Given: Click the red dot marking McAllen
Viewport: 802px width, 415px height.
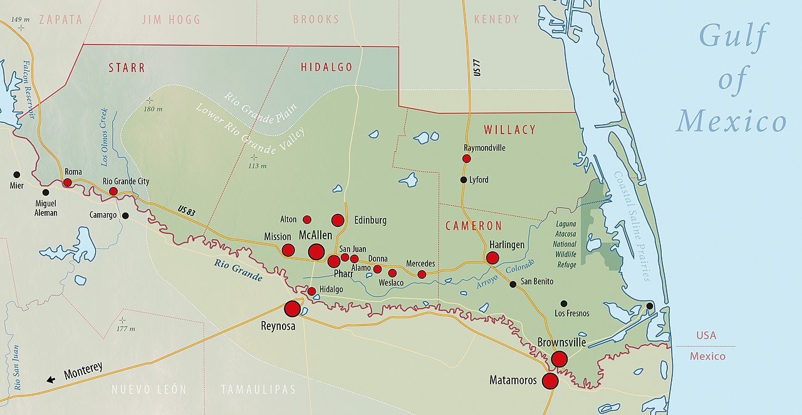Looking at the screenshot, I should [316, 252].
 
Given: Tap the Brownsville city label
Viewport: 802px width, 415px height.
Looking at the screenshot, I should [561, 342].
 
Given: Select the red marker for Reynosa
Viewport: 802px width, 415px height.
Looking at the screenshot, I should [292, 308].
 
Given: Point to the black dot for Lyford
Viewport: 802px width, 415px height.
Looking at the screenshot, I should [464, 180].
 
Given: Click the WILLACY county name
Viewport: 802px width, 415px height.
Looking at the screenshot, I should [509, 130].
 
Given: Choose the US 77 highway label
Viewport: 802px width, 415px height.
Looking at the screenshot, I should [477, 66].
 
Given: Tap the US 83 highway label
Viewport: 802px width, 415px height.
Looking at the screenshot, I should [186, 211].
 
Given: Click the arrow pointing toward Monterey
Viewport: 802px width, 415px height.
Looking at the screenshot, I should [51, 379].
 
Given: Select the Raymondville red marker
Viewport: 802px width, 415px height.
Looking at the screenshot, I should [466, 159].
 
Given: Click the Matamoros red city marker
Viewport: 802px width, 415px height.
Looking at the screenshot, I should [550, 381].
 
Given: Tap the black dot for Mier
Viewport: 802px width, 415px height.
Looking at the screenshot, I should [16, 174].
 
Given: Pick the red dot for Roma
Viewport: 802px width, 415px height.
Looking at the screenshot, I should [67, 182].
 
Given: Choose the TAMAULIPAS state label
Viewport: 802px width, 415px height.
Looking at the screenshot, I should [258, 389].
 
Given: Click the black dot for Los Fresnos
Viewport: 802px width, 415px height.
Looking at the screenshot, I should [564, 303].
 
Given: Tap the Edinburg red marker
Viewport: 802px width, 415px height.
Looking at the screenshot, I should [338, 220].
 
